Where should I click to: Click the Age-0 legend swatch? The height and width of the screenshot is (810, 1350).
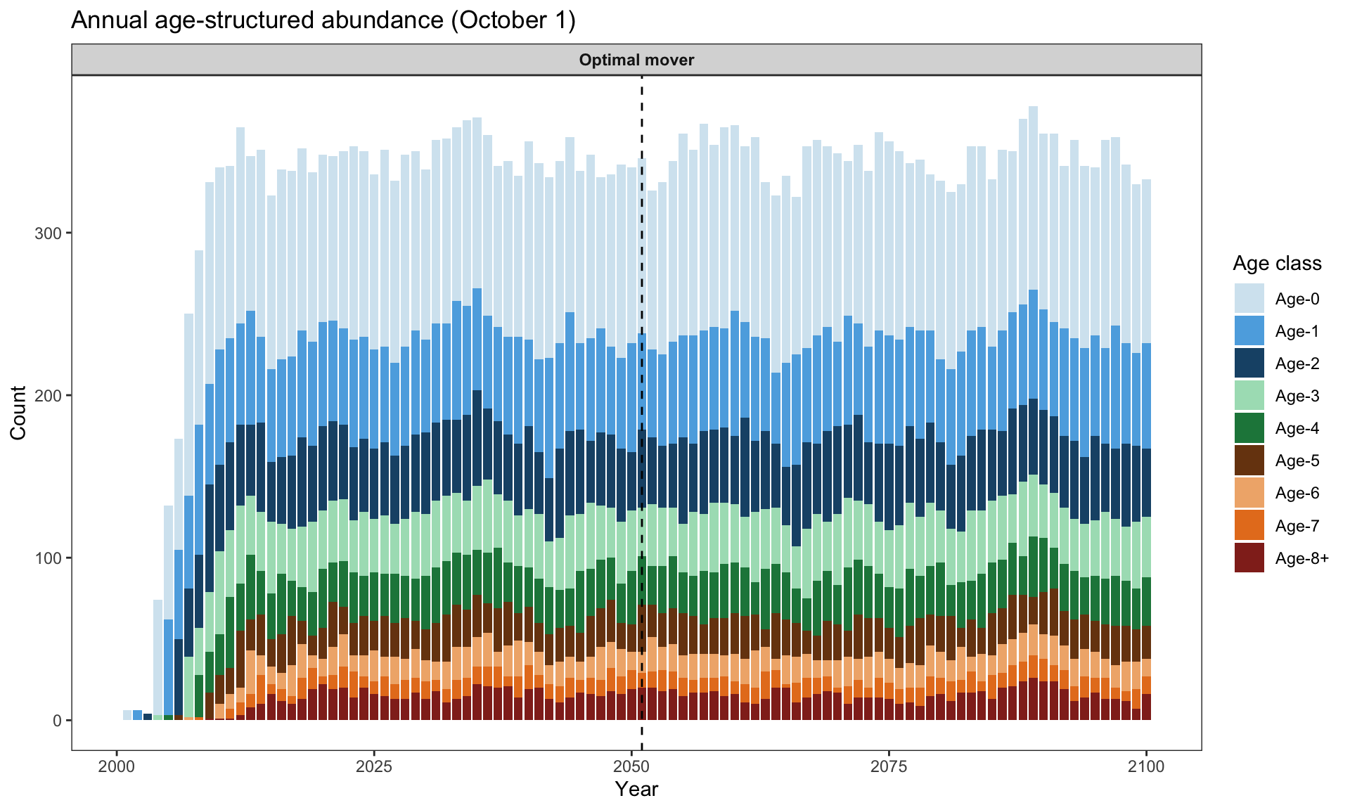[1249, 299]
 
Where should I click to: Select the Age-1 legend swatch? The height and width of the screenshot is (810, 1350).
[1249, 331]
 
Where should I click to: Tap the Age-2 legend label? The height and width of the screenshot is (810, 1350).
[1297, 364]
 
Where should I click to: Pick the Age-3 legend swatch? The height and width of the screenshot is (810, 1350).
[1249, 396]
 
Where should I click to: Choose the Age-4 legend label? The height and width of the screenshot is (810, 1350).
[1297, 428]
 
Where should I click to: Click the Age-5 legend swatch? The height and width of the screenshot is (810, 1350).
[1249, 461]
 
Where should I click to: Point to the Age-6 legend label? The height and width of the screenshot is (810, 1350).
[1297, 493]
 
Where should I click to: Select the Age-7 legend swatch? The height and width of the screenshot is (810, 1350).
[1249, 526]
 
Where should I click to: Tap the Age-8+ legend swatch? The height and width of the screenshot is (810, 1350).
[1249, 558]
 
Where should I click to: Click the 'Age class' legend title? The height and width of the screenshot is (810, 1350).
[1277, 264]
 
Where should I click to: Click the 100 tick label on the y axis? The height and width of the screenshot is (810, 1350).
[49, 558]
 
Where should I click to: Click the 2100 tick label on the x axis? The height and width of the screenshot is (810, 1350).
[1147, 766]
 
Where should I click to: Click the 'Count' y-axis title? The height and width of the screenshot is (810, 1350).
[18, 413]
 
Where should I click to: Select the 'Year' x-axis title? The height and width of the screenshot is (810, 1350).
[637, 790]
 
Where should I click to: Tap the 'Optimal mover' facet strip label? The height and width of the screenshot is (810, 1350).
[637, 60]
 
